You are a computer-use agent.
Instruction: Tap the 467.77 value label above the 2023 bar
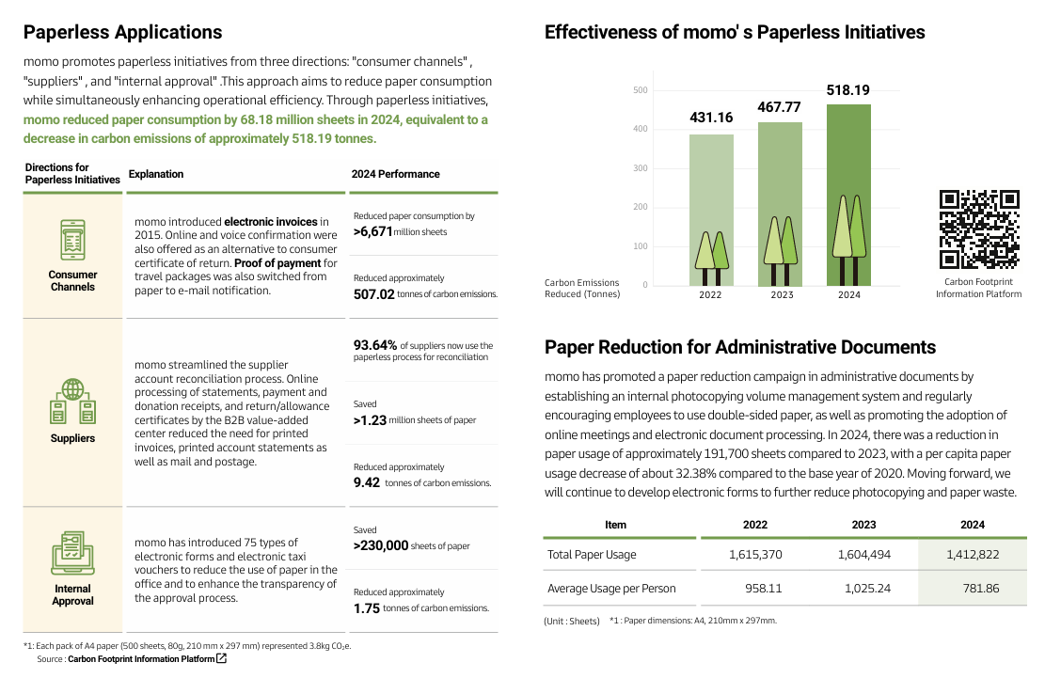(779, 107)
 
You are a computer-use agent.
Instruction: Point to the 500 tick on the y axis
(641, 90)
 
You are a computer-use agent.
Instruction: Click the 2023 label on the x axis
(780, 295)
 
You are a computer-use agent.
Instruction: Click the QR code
(979, 229)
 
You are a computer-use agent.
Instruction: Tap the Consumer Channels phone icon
(72, 241)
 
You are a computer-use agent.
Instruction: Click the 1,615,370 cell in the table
(754, 555)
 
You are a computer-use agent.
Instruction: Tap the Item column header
(615, 525)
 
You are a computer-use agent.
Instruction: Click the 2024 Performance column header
(395, 174)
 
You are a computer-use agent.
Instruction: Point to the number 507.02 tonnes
(374, 294)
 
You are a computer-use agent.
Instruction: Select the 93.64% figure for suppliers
(375, 345)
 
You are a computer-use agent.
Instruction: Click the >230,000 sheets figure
(381, 545)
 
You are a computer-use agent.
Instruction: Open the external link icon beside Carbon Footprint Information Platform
(222, 659)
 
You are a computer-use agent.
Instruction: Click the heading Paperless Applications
(122, 32)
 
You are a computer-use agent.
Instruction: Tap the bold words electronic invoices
(271, 222)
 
